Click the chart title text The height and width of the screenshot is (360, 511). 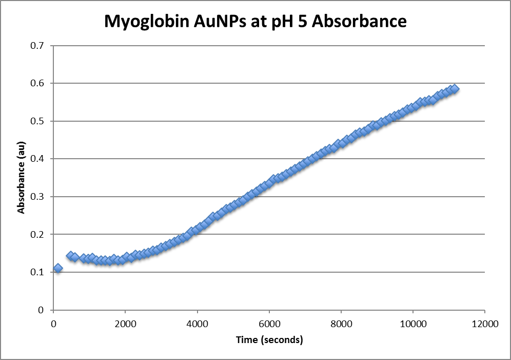[255, 21]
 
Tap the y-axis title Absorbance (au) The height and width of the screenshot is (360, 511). [21, 178]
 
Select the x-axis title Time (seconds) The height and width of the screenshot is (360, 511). [269, 340]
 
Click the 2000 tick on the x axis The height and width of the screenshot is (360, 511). [125, 324]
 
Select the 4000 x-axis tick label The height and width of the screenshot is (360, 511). [197, 324]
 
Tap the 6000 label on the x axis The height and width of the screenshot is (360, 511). [269, 324]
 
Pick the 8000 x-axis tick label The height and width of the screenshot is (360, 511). [341, 324]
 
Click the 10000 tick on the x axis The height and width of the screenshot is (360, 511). [413, 324]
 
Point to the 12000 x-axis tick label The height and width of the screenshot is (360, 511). [485, 324]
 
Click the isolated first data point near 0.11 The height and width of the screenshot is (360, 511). [58, 268]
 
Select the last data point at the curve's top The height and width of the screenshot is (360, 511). [454, 89]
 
